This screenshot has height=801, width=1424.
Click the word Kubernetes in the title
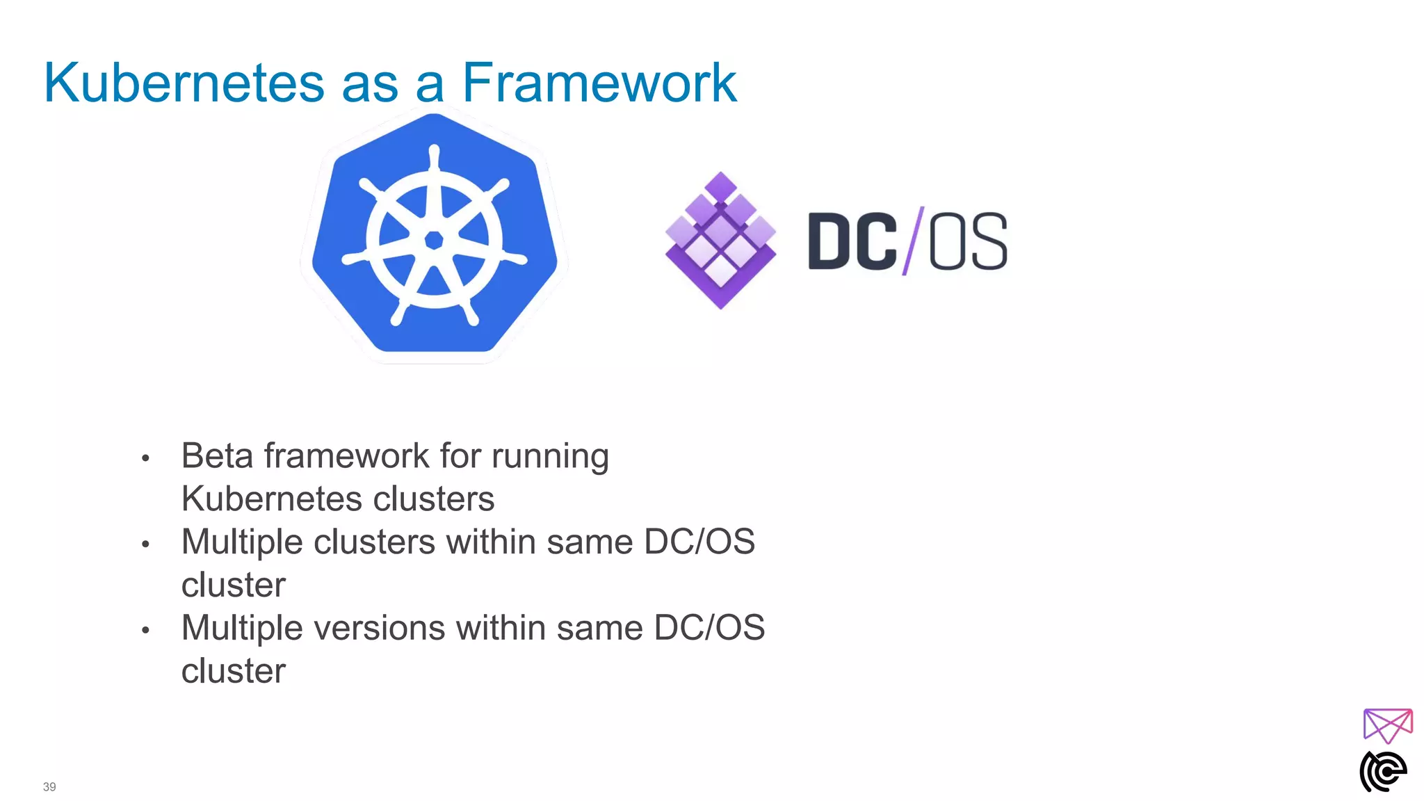point(184,83)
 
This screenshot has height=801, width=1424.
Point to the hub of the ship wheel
point(434,240)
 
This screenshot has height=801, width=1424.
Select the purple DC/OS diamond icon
point(720,240)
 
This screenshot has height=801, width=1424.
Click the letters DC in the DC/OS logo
point(852,241)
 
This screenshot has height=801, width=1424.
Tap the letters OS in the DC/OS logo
point(968,241)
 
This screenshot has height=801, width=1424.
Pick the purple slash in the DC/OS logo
point(913,241)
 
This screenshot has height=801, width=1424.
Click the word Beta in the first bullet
point(217,456)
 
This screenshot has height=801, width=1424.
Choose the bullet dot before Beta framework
point(145,458)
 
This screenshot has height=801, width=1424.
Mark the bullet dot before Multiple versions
point(145,631)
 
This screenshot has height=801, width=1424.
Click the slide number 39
point(49,787)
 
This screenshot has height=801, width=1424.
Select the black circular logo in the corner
point(1383,771)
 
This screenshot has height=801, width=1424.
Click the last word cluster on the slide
point(234,672)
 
